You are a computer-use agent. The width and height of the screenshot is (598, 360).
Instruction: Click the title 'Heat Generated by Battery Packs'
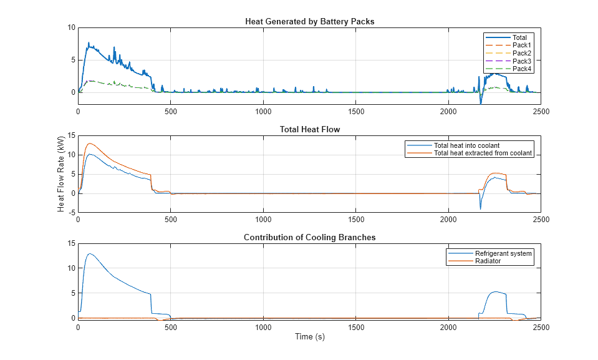[309, 22]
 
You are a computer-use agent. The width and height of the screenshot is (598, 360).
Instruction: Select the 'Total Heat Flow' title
[309, 130]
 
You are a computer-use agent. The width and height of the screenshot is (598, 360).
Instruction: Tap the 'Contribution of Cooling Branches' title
[309, 237]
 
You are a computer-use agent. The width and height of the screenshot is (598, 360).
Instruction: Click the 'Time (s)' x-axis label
[309, 337]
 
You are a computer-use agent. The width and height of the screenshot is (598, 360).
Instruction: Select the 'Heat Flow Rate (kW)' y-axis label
[61, 173]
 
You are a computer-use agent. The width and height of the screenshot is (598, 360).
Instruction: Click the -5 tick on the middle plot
[72, 213]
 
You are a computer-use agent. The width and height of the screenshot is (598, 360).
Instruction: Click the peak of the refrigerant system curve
[90, 253]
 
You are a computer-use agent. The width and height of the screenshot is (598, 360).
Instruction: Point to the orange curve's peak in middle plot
[90, 144]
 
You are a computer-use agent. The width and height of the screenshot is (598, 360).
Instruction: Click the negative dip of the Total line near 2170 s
[480, 103]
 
